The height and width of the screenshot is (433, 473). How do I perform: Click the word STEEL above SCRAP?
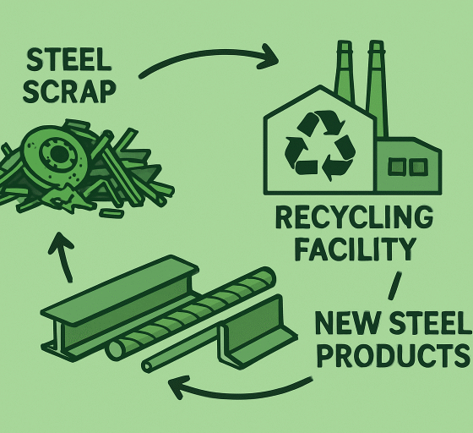[x=68, y=59]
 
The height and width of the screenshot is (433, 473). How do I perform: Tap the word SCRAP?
[x=69, y=91]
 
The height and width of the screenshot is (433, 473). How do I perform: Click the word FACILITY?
[x=355, y=249]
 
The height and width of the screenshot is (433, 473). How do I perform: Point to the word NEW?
[x=346, y=323]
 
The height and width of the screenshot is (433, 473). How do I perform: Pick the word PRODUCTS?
[x=394, y=355]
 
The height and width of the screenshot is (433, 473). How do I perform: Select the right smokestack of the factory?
[x=377, y=88]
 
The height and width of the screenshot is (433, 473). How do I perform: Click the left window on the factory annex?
[x=396, y=167]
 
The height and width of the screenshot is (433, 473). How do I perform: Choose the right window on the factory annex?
[x=419, y=167]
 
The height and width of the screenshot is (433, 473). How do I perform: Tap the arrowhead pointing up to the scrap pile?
[x=60, y=243]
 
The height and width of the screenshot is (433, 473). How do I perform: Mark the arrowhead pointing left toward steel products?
[x=179, y=387]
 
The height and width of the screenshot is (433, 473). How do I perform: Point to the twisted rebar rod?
[x=191, y=314]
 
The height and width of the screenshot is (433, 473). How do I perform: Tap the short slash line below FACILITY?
[x=395, y=286]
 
